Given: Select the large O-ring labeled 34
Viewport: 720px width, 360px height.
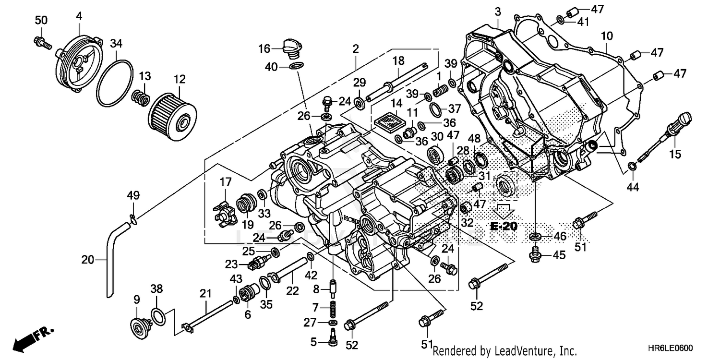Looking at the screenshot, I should [115, 83].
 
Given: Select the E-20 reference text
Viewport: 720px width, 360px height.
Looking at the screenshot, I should [504, 226].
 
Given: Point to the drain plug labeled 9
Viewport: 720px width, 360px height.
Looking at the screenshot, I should [139, 328].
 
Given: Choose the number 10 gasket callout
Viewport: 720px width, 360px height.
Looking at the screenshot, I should [607, 36].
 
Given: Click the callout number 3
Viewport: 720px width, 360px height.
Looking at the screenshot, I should [498, 11].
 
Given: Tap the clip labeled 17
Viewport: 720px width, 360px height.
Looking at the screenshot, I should [224, 211].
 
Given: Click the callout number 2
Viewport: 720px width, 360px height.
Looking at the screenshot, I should [355, 48].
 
